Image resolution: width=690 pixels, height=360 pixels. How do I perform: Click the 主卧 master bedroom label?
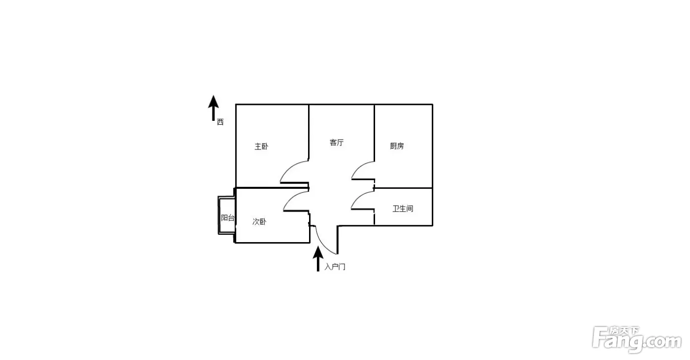coord(261,146)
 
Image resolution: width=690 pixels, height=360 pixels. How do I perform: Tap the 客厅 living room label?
coord(336,143)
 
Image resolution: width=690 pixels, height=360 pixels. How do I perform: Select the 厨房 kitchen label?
coord(397,146)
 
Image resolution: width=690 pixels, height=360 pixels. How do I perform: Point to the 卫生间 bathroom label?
coord(403,209)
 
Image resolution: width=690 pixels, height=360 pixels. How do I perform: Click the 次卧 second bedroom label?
coord(259,221)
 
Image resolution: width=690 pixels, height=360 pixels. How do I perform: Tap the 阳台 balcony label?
coord(228,218)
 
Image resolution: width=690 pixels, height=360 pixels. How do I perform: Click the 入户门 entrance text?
coord(335,267)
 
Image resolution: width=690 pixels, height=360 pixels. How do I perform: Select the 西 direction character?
coord(220,122)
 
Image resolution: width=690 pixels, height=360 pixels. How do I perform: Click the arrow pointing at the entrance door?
coord(318,258)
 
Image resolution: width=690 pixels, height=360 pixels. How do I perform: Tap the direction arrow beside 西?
coord(213,108)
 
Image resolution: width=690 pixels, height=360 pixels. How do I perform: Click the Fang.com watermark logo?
coord(637,340)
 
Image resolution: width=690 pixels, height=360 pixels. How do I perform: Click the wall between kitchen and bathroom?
coord(403,188)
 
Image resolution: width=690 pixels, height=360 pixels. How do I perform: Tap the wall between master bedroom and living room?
coord(309,133)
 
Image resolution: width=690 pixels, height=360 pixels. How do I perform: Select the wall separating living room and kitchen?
coord(374,133)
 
